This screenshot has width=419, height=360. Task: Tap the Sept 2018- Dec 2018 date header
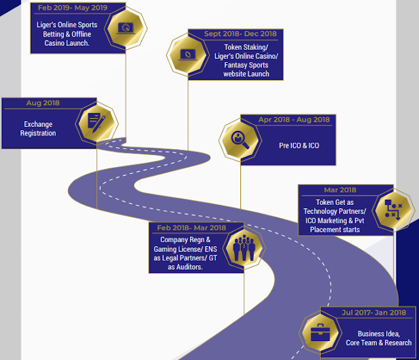[x=240, y=33]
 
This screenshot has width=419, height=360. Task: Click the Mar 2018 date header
[x=340, y=190]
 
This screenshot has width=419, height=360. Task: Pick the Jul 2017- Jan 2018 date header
[x=374, y=313]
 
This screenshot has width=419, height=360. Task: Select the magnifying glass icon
[x=238, y=139]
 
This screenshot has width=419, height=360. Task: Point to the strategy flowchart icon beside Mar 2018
[x=393, y=208]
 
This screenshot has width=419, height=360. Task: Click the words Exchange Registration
[x=39, y=129]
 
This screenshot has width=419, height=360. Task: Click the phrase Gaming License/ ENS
[x=185, y=249]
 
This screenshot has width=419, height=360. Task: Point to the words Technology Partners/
[x=334, y=211]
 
